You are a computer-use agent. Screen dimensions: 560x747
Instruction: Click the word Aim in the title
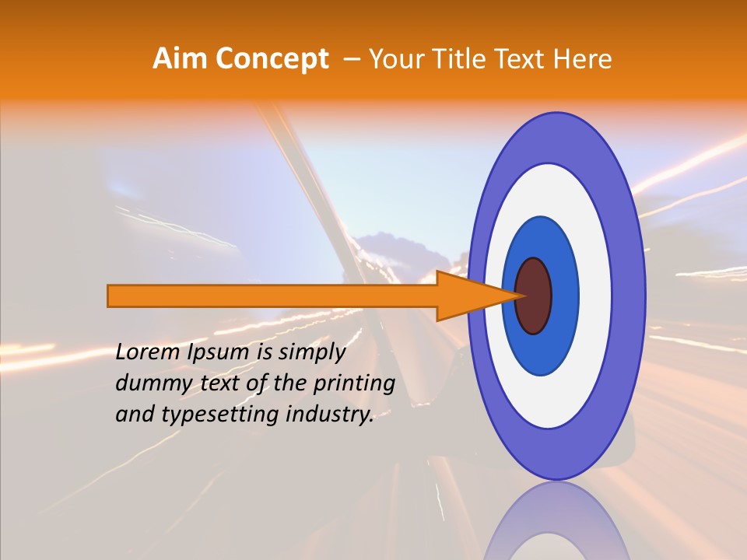(181, 58)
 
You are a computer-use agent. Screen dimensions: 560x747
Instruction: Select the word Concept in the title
(272, 58)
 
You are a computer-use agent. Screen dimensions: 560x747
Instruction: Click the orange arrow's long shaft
(272, 296)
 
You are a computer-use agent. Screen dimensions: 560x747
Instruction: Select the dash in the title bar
(351, 59)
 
